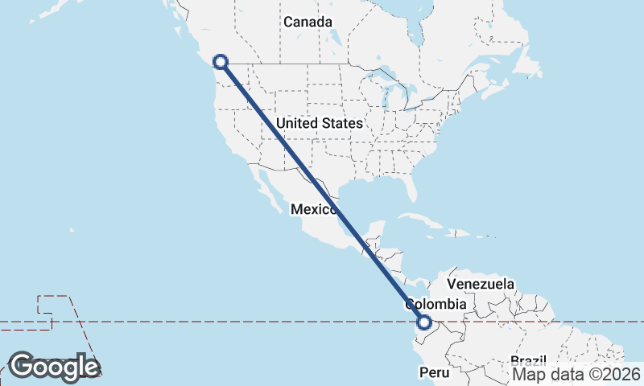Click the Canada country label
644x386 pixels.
point(308,22)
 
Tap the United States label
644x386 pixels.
point(319,124)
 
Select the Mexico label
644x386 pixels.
point(313,209)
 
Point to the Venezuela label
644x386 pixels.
point(481,285)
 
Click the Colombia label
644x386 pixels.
point(436,305)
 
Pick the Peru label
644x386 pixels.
point(431,373)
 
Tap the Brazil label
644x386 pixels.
point(528,360)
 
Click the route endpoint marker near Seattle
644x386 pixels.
point(220,61)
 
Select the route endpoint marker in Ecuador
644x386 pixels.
point(424,324)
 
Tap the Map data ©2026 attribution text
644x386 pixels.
point(576,374)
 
